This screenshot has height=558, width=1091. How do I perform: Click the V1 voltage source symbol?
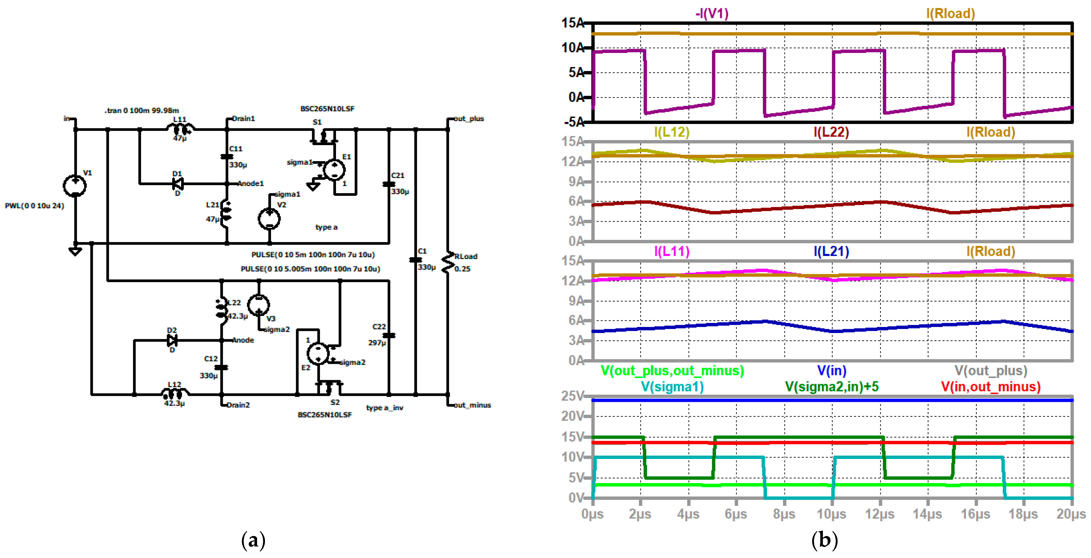(x=75, y=186)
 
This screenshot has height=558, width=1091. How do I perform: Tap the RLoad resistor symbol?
(x=447, y=262)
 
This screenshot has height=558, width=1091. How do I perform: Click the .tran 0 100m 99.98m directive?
(x=142, y=111)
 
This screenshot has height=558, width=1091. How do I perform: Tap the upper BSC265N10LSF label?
(x=327, y=109)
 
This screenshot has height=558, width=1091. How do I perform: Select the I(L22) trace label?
(x=831, y=132)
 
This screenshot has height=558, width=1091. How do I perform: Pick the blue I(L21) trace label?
(x=831, y=251)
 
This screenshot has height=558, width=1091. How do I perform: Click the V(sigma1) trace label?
(x=672, y=386)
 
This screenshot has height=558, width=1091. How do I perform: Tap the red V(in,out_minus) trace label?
(x=990, y=386)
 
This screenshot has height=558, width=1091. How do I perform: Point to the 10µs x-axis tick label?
(x=831, y=514)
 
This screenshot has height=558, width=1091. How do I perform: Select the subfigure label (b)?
(x=824, y=540)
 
